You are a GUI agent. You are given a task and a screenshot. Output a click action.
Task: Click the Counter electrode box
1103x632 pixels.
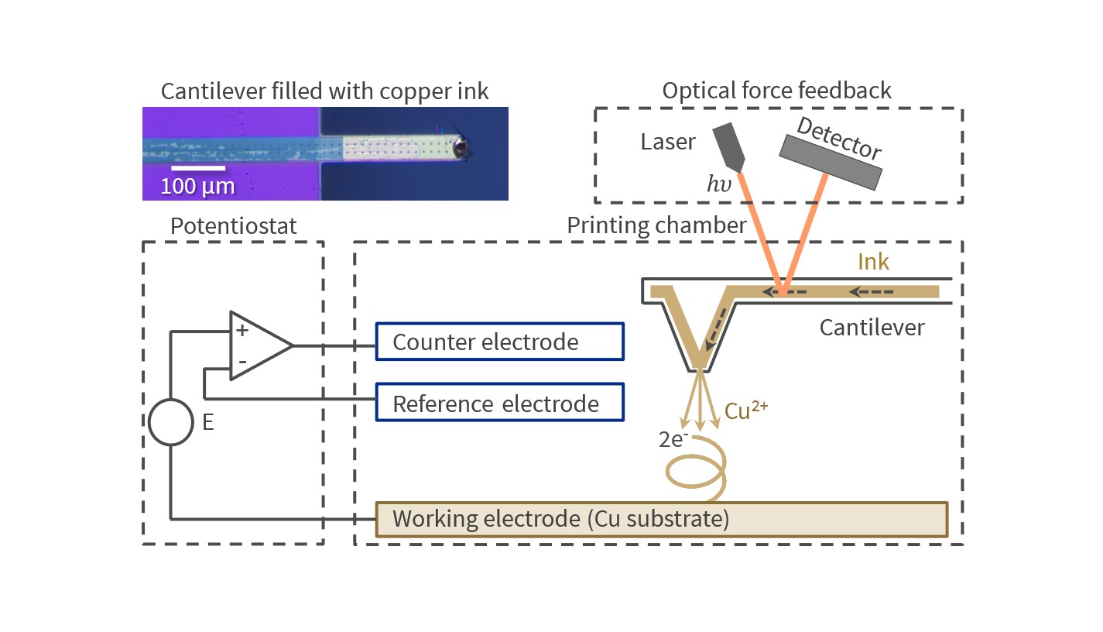[500, 342]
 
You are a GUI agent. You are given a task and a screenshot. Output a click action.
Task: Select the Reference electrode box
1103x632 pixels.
[500, 403]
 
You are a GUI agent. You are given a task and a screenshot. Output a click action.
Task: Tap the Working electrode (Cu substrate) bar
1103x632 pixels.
[661, 519]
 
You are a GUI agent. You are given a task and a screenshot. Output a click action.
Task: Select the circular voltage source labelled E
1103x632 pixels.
[170, 422]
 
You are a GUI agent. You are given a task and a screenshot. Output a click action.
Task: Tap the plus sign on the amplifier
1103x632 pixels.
[241, 330]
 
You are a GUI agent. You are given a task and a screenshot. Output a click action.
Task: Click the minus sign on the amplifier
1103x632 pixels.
[241, 362]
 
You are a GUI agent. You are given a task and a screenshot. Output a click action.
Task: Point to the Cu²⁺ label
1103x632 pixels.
[746, 410]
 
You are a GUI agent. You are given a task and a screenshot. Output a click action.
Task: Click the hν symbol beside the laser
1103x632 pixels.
[718, 184]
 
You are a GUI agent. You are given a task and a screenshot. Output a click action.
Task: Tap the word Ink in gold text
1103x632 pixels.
[873, 263]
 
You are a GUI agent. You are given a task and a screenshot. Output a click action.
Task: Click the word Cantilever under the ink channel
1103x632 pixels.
[872, 328]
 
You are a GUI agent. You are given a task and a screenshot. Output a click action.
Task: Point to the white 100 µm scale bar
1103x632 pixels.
[198, 167]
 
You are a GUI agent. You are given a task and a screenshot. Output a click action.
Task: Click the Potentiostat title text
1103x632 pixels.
[234, 226]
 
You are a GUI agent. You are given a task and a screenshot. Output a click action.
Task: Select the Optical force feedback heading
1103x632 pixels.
[776, 91]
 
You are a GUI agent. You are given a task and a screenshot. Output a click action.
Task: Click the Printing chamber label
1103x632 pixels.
[656, 226]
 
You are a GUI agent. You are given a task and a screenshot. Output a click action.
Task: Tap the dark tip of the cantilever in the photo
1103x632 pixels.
[461, 147]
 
